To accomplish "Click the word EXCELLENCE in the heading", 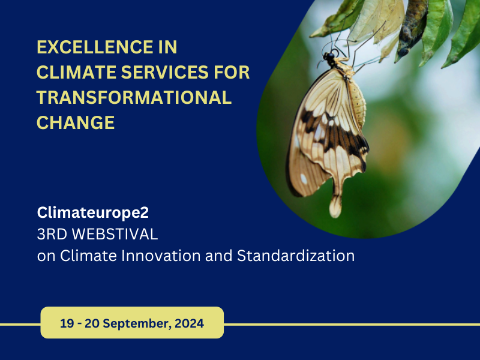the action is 95,47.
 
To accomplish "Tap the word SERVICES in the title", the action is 165,72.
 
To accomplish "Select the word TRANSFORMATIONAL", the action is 134,97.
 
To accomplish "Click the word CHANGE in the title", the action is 76,123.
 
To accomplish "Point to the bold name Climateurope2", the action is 93,212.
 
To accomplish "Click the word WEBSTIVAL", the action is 115,234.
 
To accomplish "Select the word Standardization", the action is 296,256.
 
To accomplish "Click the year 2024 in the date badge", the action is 189,323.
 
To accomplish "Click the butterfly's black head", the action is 329,56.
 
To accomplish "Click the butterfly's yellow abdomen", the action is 358,103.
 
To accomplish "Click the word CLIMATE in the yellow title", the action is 77,72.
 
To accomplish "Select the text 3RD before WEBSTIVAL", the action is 52,234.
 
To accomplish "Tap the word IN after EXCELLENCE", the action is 168,47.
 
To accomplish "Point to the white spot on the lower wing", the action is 304,179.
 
